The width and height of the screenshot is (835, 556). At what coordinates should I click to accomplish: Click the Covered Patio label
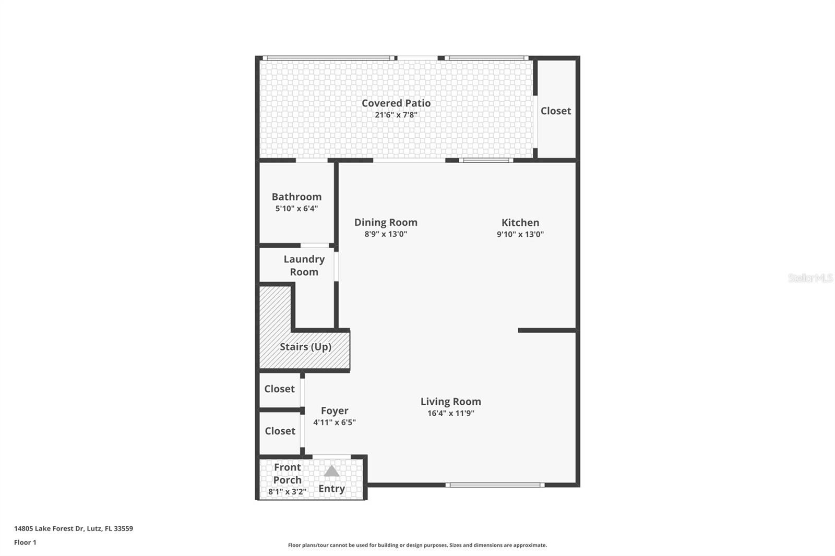point(396,103)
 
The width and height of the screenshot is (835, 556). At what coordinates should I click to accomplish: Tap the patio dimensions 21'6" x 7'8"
point(396,115)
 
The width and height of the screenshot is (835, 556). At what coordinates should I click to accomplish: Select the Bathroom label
point(296,197)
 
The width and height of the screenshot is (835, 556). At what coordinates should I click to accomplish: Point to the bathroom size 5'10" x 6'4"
point(296,209)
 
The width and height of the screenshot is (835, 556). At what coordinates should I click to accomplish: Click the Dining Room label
point(386,222)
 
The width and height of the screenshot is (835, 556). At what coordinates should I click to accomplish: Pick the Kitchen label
point(520,223)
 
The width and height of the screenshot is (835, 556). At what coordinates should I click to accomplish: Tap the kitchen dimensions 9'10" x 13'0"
point(520,235)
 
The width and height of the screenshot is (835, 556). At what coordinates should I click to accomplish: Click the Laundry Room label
point(304,265)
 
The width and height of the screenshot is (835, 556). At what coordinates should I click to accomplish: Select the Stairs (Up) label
point(305,347)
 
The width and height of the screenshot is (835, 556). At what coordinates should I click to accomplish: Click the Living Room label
point(451,402)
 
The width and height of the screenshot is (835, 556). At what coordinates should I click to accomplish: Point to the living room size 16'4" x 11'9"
point(451,414)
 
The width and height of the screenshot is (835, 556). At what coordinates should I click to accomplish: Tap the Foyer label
point(335,411)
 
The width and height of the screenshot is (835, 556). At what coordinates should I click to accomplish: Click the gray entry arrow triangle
point(332,472)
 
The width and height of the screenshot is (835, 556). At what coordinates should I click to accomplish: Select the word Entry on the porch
point(332,489)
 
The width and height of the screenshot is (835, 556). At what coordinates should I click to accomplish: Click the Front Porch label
point(288,474)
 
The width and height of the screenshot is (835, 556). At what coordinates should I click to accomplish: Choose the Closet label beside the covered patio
point(556,111)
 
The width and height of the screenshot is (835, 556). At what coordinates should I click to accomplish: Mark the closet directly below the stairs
point(279,389)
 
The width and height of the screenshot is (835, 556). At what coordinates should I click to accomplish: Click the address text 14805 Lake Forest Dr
point(74,528)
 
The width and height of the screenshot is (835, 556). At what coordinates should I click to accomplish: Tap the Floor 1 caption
point(25,542)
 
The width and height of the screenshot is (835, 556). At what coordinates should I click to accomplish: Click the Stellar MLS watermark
point(810,278)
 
